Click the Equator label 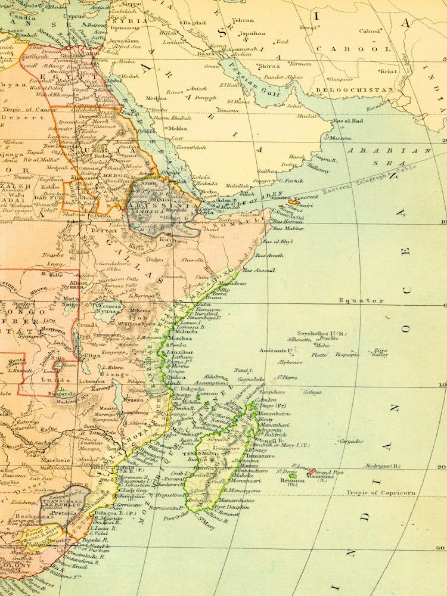tap(361, 300)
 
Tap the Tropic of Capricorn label tap(381, 493)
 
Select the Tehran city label tap(243, 20)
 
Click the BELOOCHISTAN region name tap(362, 90)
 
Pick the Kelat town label tap(388, 71)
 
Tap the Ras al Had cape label tap(347, 121)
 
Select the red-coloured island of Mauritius tap(312, 471)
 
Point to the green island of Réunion tap(293, 475)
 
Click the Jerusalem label tap(124, 40)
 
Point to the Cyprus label tap(74, 17)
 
